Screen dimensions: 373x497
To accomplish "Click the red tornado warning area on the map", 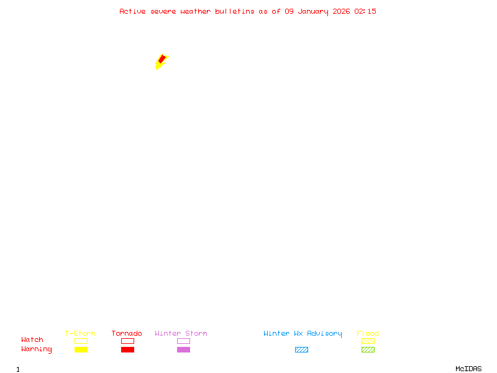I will [161, 60].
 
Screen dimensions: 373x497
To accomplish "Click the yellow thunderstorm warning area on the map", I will [158, 66].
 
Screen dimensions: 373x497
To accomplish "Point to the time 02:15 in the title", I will [365, 11].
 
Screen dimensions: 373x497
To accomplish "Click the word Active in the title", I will [132, 11].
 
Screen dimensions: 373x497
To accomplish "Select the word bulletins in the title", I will [235, 11].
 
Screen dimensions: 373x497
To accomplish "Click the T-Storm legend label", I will [80, 333].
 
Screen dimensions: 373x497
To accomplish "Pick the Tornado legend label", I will [127, 333].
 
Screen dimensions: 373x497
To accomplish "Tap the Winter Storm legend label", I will [181, 333].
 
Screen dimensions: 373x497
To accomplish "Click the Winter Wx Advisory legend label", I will [303, 333].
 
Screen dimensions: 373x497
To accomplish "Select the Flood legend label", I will [368, 333].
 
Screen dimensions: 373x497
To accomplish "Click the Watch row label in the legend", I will [32, 340].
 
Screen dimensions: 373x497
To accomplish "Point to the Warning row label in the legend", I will [37, 349].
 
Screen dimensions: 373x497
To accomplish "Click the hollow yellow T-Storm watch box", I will [81, 341].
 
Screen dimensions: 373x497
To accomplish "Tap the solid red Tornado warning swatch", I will [127, 349].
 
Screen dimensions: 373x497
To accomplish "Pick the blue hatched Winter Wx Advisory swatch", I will [301, 349].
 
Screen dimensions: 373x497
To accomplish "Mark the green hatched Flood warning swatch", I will [368, 349].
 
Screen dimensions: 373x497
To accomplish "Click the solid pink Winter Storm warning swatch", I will [183, 349].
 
